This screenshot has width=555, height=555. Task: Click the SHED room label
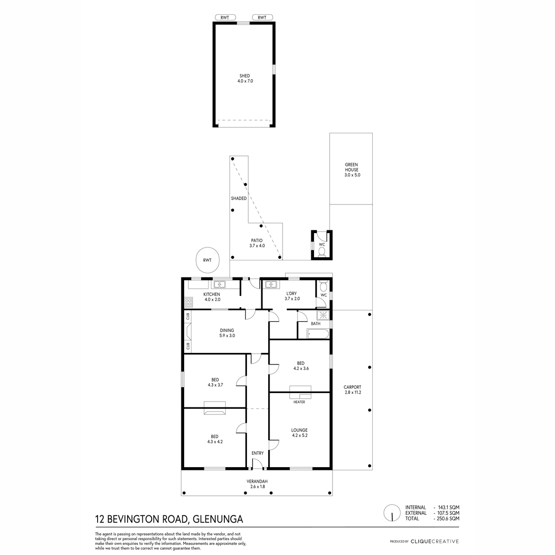pos(245,76)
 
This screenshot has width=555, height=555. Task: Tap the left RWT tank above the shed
pos(225,18)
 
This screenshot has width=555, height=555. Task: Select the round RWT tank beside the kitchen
pos(207,260)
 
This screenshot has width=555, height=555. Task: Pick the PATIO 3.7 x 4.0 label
pos(257,243)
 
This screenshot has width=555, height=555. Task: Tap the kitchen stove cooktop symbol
pos(188,302)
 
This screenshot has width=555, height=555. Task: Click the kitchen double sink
pos(220,284)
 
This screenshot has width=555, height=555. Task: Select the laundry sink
pos(271,284)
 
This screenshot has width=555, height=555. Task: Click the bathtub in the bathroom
pos(318,334)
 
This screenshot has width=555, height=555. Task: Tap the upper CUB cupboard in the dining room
pos(188,316)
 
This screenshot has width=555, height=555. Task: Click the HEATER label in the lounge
pos(299,402)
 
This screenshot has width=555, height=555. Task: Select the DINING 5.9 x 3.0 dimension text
pos(227,335)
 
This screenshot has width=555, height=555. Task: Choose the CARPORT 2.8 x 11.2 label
pos(352,390)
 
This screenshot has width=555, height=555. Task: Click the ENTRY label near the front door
pos(258,453)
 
